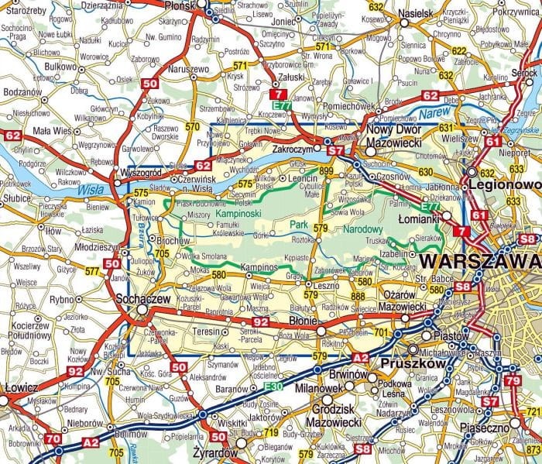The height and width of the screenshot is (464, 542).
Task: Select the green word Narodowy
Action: pyautogui.click(x=363, y=229)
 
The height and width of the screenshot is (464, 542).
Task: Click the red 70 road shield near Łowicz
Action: pyautogui.click(x=53, y=439)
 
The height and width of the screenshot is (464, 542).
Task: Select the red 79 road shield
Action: pyautogui.click(x=513, y=380)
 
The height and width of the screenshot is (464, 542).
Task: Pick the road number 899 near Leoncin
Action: pyautogui.click(x=326, y=170)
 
